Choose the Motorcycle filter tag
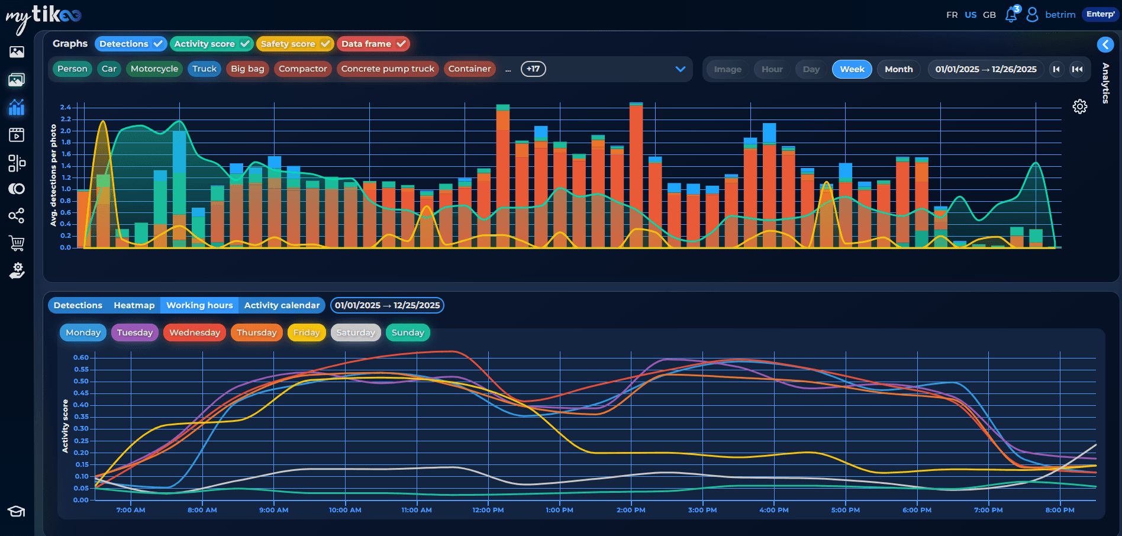pos(154,69)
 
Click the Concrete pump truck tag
pos(388,69)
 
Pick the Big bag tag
pos(247,69)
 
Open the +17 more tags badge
pos(533,69)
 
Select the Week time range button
pos(852,69)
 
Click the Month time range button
pos(898,69)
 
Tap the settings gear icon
pos(1080,106)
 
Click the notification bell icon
pos(1011,15)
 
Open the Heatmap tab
pos(134,305)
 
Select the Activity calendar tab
pos(282,305)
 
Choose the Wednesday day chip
pos(194,332)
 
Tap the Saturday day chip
pos(356,332)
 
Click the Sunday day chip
pos(408,332)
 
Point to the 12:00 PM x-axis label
pos(488,510)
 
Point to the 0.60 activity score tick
pos(80,357)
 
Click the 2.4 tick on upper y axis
pos(65,107)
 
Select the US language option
pos(971,15)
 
